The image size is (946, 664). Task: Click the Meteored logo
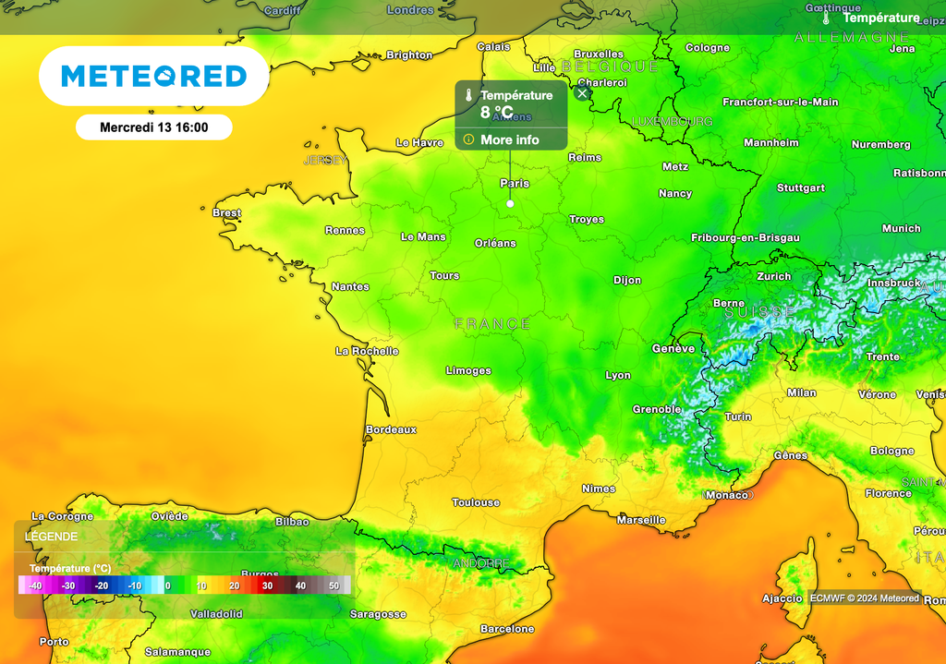(153, 76)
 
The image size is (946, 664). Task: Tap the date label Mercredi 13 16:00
(153, 127)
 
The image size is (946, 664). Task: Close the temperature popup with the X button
(582, 93)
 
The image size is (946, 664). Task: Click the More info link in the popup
(509, 139)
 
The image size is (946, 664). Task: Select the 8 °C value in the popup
(496, 113)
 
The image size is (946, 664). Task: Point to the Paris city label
(515, 183)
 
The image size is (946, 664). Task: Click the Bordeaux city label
(392, 429)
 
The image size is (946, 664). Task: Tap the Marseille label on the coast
(641, 520)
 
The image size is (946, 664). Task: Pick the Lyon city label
(618, 375)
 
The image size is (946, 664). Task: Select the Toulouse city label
(476, 502)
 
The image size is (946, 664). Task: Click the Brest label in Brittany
(227, 212)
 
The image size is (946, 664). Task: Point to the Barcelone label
(507, 629)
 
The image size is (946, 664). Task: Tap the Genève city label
(673, 348)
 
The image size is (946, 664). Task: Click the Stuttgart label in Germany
(801, 187)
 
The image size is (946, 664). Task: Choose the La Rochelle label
(367, 351)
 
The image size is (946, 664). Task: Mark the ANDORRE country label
(480, 562)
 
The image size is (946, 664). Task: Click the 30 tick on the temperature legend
(267, 586)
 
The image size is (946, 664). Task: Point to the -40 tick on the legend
(35, 586)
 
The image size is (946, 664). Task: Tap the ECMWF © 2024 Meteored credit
(865, 598)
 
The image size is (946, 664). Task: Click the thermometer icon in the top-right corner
(826, 18)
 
